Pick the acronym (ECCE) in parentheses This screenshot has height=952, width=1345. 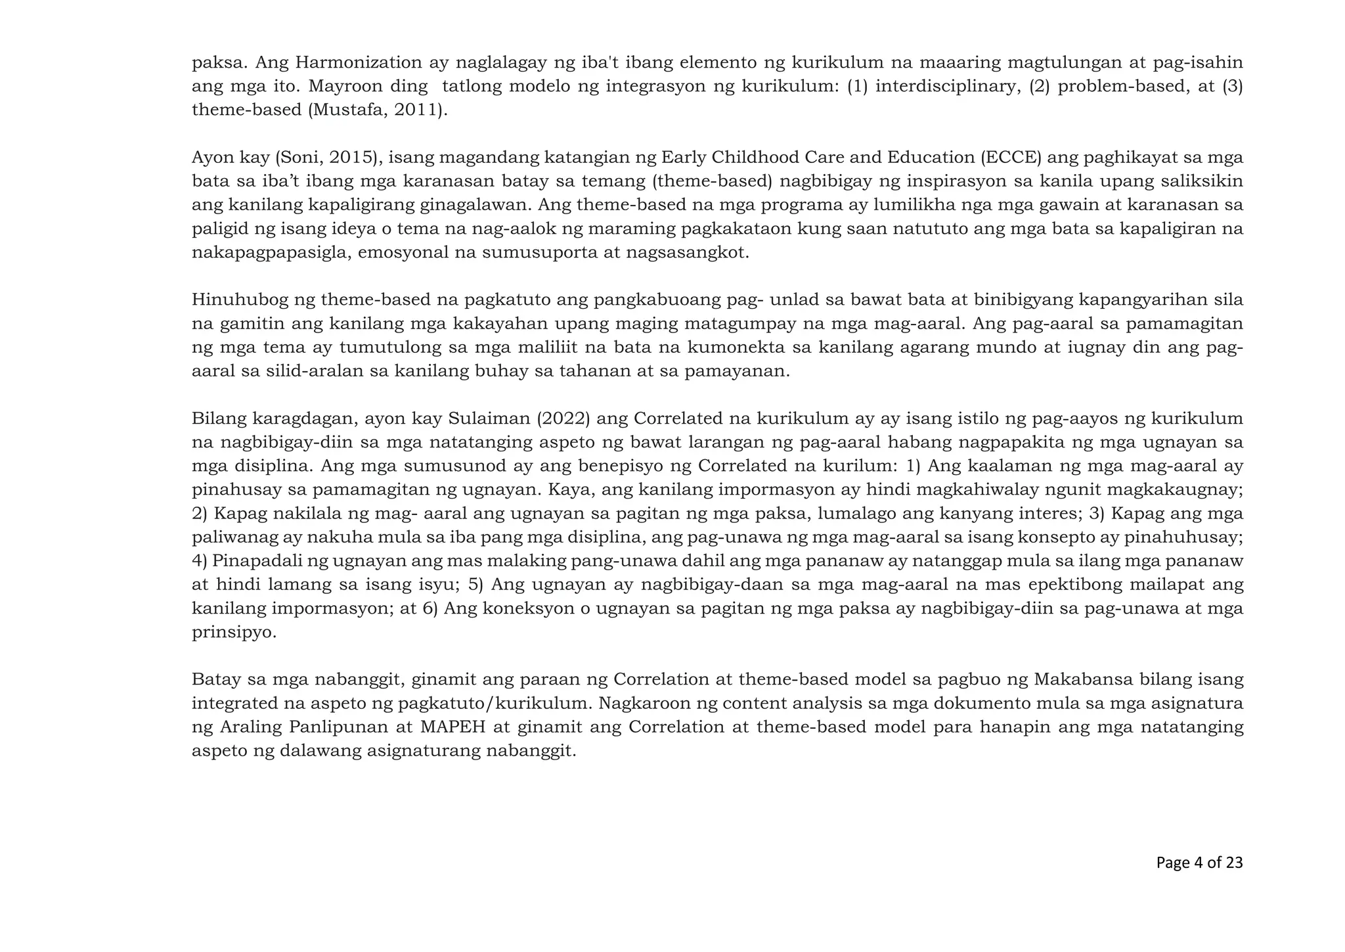pyautogui.click(x=1012, y=158)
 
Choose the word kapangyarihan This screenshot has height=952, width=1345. pyautogui.click(x=1143, y=300)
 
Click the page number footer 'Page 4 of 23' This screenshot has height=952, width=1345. pyautogui.click(x=1199, y=863)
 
